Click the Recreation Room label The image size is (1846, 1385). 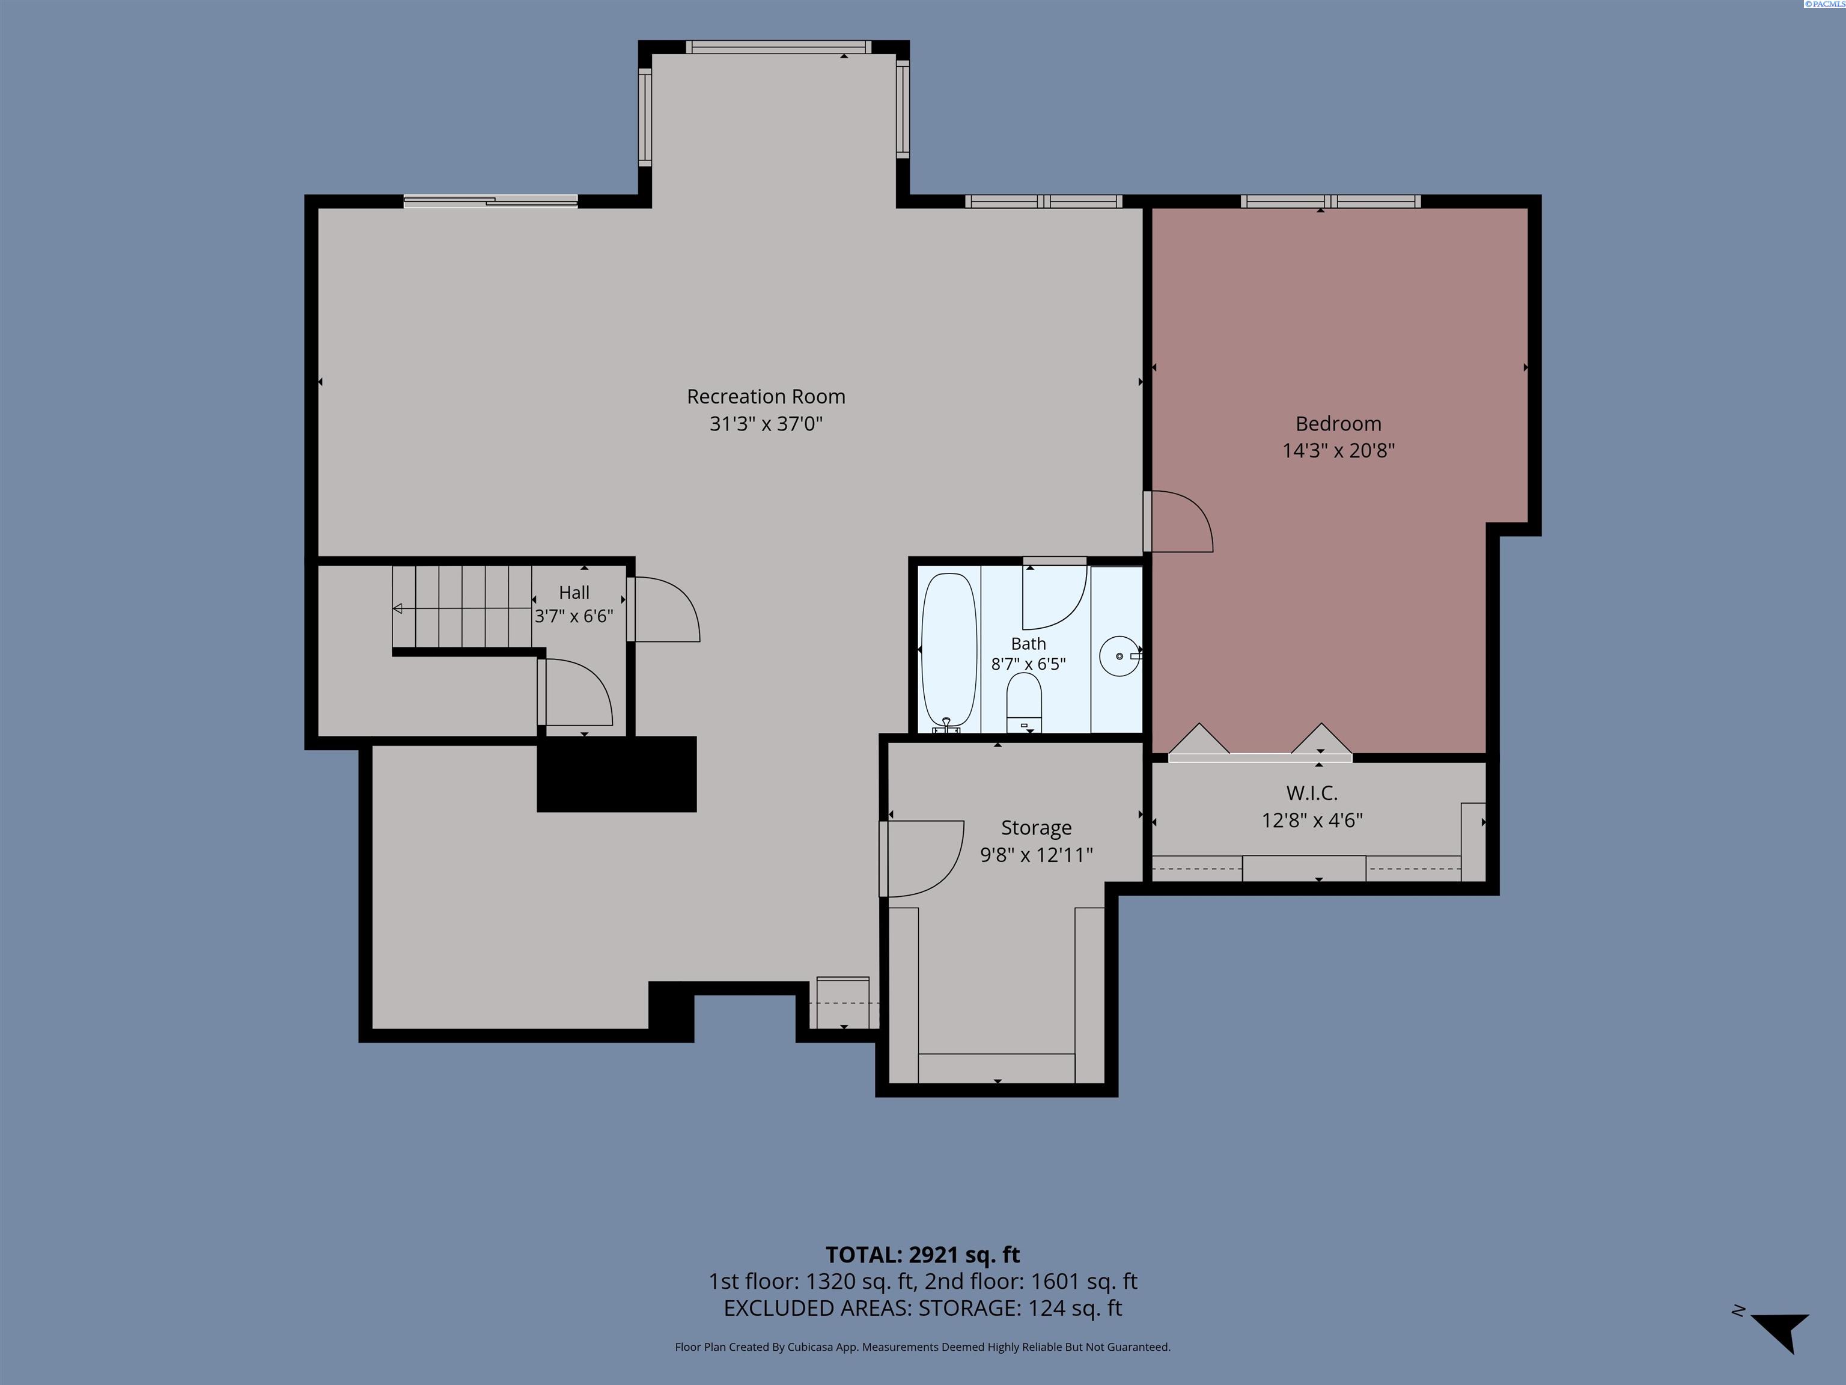(x=766, y=397)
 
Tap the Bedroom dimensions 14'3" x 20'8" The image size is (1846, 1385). (x=1338, y=451)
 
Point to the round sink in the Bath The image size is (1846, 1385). (x=1119, y=656)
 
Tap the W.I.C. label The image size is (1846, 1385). (x=1312, y=793)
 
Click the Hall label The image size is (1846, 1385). (x=574, y=593)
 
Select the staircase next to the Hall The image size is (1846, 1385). (x=462, y=607)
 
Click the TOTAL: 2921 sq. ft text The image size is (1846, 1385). (x=922, y=1255)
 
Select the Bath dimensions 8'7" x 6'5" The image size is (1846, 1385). (x=1028, y=664)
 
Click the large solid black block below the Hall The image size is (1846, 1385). (x=617, y=774)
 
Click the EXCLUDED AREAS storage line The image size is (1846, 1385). (x=922, y=1308)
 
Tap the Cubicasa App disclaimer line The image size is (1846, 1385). (x=922, y=1347)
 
